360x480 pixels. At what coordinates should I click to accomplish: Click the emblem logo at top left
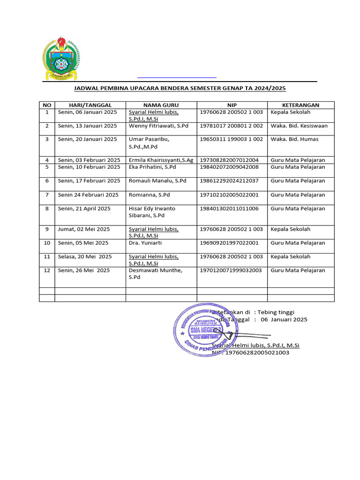click(61, 59)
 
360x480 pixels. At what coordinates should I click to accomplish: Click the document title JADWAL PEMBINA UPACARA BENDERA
click(180, 88)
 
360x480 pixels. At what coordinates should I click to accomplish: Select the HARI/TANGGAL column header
click(90, 105)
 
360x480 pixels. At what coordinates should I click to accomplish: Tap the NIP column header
click(232, 105)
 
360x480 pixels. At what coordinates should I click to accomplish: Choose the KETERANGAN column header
click(300, 105)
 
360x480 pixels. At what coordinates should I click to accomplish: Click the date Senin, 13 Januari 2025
click(87, 126)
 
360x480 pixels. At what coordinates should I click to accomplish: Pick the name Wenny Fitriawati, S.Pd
click(158, 126)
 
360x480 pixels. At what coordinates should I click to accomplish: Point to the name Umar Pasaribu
click(149, 139)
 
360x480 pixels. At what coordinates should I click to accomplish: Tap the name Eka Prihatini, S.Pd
click(152, 167)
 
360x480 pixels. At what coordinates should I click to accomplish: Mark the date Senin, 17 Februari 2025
click(89, 181)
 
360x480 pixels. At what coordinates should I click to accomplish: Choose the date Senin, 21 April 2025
click(84, 209)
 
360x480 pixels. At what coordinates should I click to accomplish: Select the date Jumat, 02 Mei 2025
click(83, 229)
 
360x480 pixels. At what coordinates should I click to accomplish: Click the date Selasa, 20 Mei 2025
click(85, 257)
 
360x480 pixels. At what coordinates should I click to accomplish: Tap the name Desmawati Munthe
click(156, 270)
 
